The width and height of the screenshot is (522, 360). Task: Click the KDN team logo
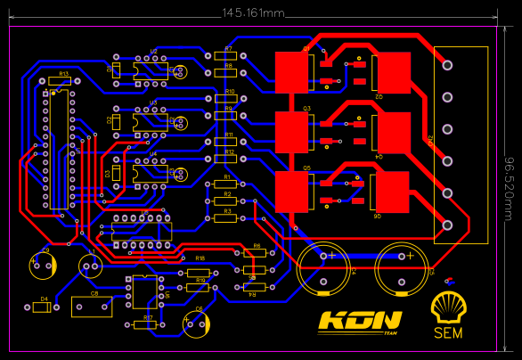pyautogui.click(x=360, y=321)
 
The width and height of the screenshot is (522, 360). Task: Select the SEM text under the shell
pyautogui.click(x=447, y=333)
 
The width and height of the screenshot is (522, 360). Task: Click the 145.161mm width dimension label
pyautogui.click(x=253, y=13)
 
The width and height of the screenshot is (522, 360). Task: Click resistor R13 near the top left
pyautogui.click(x=59, y=81)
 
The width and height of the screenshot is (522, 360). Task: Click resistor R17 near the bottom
pyautogui.click(x=145, y=324)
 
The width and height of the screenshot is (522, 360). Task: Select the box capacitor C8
pyautogui.click(x=92, y=307)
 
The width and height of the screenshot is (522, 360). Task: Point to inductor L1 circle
pyautogui.click(x=89, y=266)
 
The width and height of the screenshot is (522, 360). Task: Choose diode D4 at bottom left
pyautogui.click(x=42, y=308)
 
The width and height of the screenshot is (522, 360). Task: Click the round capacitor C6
pyautogui.click(x=196, y=323)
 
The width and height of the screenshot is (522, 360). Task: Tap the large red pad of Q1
pyautogui.click(x=291, y=70)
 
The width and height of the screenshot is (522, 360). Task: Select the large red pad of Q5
pyautogui.click(x=291, y=190)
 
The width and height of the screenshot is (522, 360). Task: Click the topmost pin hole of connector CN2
pyautogui.click(x=447, y=66)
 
